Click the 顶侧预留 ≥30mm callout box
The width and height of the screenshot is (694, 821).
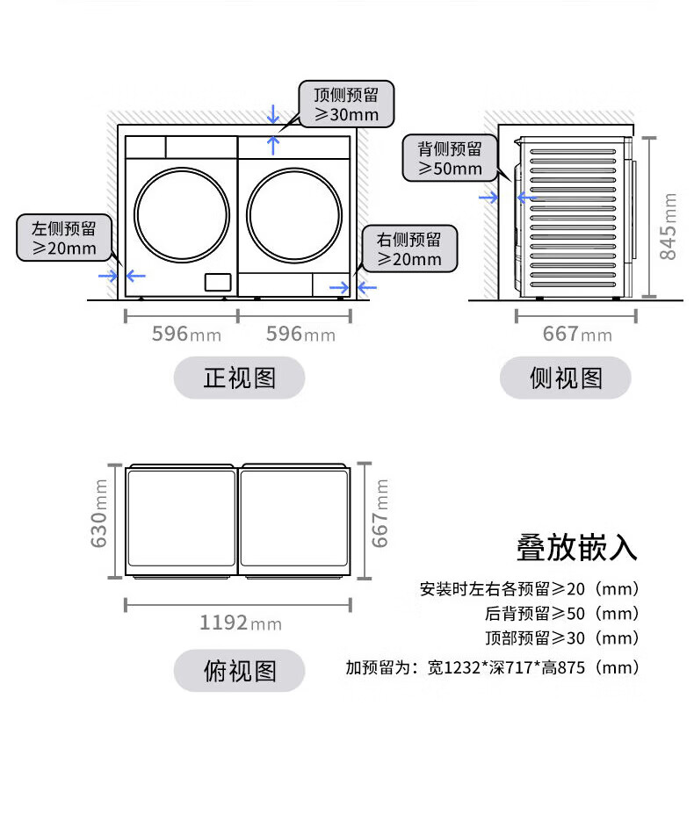point(346,104)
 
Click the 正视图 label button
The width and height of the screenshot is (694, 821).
point(239,378)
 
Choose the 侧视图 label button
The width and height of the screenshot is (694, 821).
point(566,378)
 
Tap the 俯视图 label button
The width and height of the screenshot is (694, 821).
point(239,671)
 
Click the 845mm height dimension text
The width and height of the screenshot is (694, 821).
point(669,226)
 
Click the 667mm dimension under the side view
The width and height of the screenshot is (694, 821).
point(576,334)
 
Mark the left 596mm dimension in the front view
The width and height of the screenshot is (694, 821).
point(186,334)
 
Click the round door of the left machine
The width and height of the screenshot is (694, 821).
point(182,213)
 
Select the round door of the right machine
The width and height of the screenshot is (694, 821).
point(294,213)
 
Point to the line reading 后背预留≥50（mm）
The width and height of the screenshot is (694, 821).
point(561,613)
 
